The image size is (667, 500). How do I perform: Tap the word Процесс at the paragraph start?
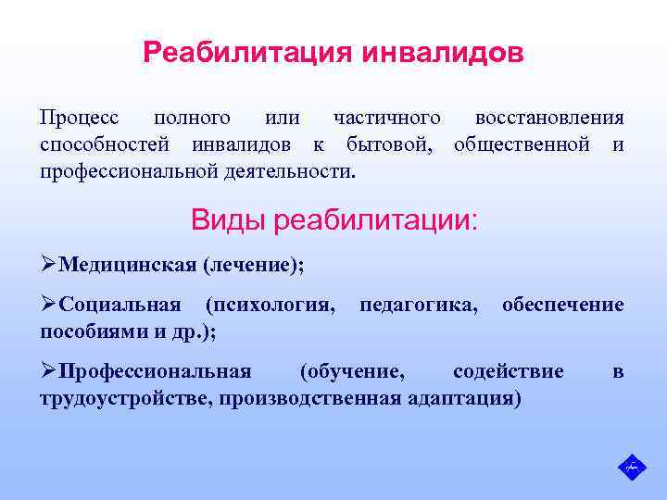click(79, 119)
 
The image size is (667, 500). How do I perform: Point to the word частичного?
click(386, 119)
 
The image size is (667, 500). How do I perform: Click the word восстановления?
click(548, 119)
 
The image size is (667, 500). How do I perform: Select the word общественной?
click(522, 145)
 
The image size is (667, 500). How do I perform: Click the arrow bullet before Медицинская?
click(48, 266)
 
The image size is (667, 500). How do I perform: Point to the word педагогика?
click(419, 305)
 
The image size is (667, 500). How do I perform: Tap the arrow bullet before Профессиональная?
click(48, 371)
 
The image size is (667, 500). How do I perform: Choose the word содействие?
click(508, 371)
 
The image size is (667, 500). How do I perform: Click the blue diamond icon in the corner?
click(632, 466)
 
